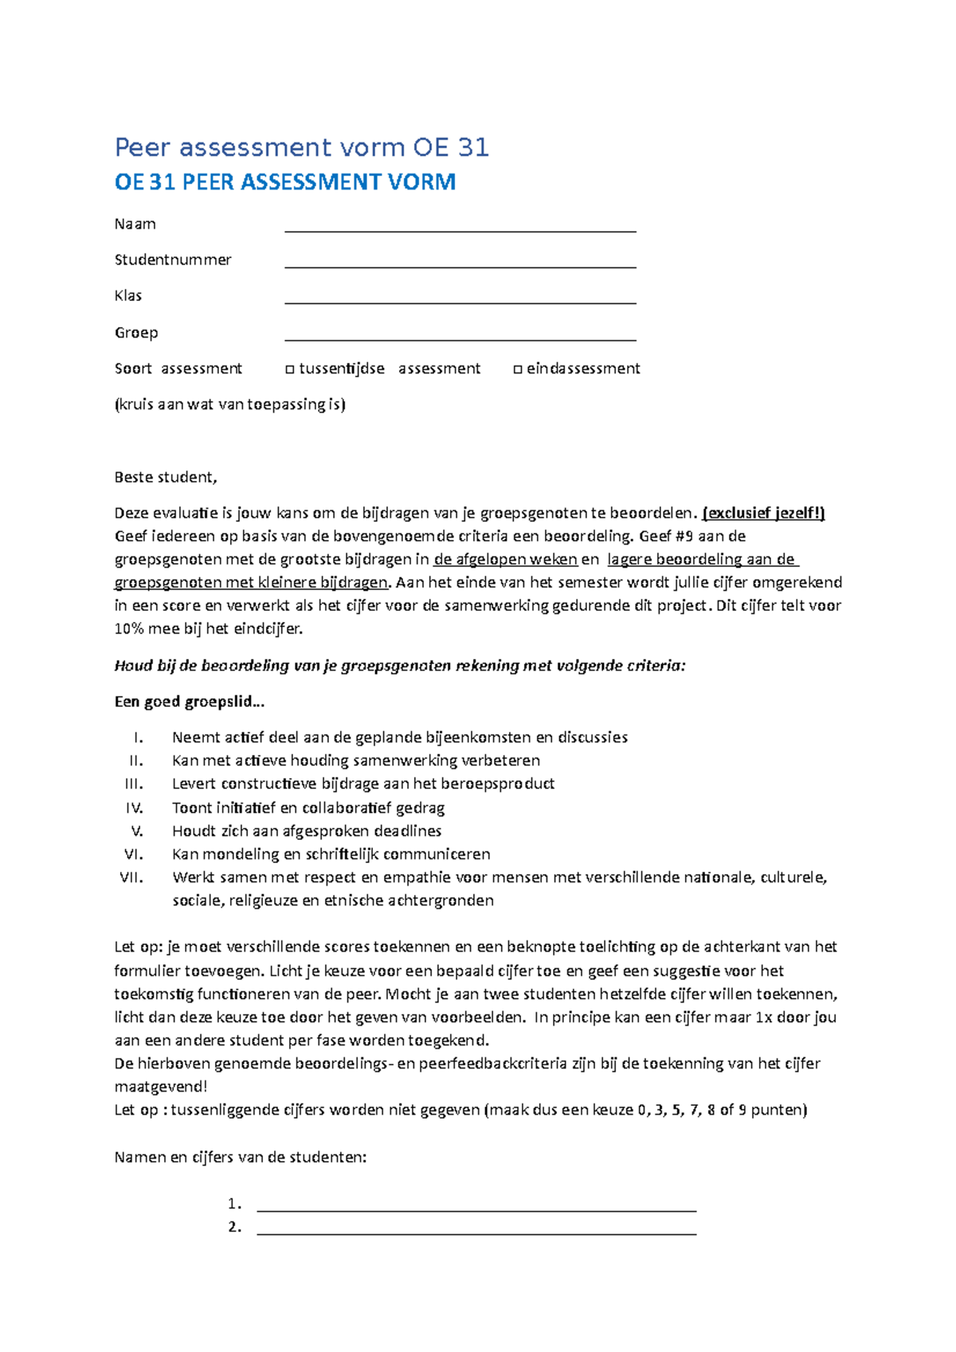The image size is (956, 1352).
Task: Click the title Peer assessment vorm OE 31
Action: [301, 148]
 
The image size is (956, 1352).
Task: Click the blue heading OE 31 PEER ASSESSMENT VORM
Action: [285, 182]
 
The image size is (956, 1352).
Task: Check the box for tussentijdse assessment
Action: [290, 369]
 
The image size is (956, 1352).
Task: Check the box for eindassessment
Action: [518, 369]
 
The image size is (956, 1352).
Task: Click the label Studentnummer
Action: [173, 260]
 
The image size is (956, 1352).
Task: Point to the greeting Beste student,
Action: [166, 478]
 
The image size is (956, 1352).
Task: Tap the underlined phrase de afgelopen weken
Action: [505, 560]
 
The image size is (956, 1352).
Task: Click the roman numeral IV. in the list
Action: [134, 808]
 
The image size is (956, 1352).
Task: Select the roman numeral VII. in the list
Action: [131, 877]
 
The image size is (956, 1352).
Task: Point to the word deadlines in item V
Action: [408, 831]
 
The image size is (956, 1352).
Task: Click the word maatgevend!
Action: [161, 1087]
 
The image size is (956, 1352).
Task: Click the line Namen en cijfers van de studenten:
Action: [241, 1158]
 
